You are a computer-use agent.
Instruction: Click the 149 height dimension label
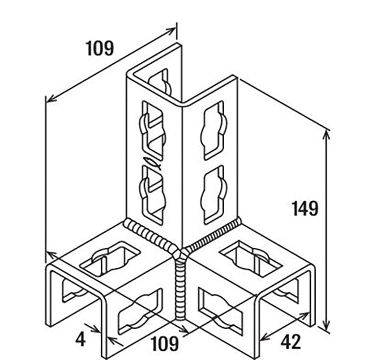pos(305,209)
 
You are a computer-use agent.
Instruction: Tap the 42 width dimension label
pos(291,342)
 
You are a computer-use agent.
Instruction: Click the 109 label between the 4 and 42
pos(165,344)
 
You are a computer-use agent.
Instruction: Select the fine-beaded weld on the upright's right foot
pos(212,234)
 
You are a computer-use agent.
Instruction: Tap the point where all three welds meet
pos(181,253)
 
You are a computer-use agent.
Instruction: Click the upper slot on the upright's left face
pos(152,130)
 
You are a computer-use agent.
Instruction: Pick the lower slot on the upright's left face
pos(152,195)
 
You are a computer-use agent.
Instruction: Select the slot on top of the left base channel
pos(110,258)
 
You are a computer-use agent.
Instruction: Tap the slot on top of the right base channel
pos(251,258)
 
